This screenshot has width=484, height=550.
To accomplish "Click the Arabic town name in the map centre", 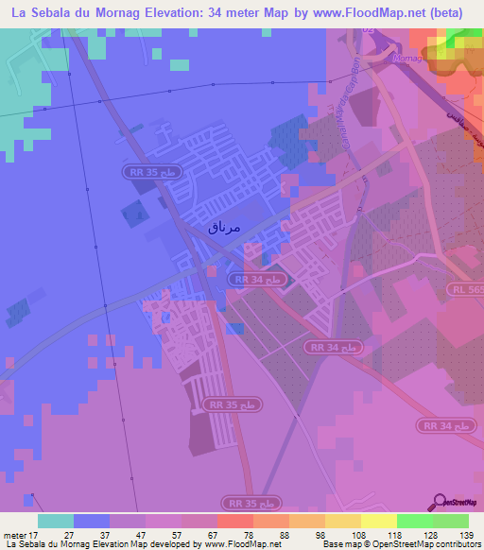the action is pyautogui.click(x=225, y=227).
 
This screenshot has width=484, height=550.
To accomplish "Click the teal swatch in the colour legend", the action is pyautogui.click(x=56, y=521).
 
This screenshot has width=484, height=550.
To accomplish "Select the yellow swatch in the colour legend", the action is pyautogui.click(x=379, y=521).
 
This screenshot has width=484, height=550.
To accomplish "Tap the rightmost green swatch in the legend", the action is pyautogui.click(x=451, y=521).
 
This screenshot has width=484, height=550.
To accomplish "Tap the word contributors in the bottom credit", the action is pyautogui.click(x=454, y=544).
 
